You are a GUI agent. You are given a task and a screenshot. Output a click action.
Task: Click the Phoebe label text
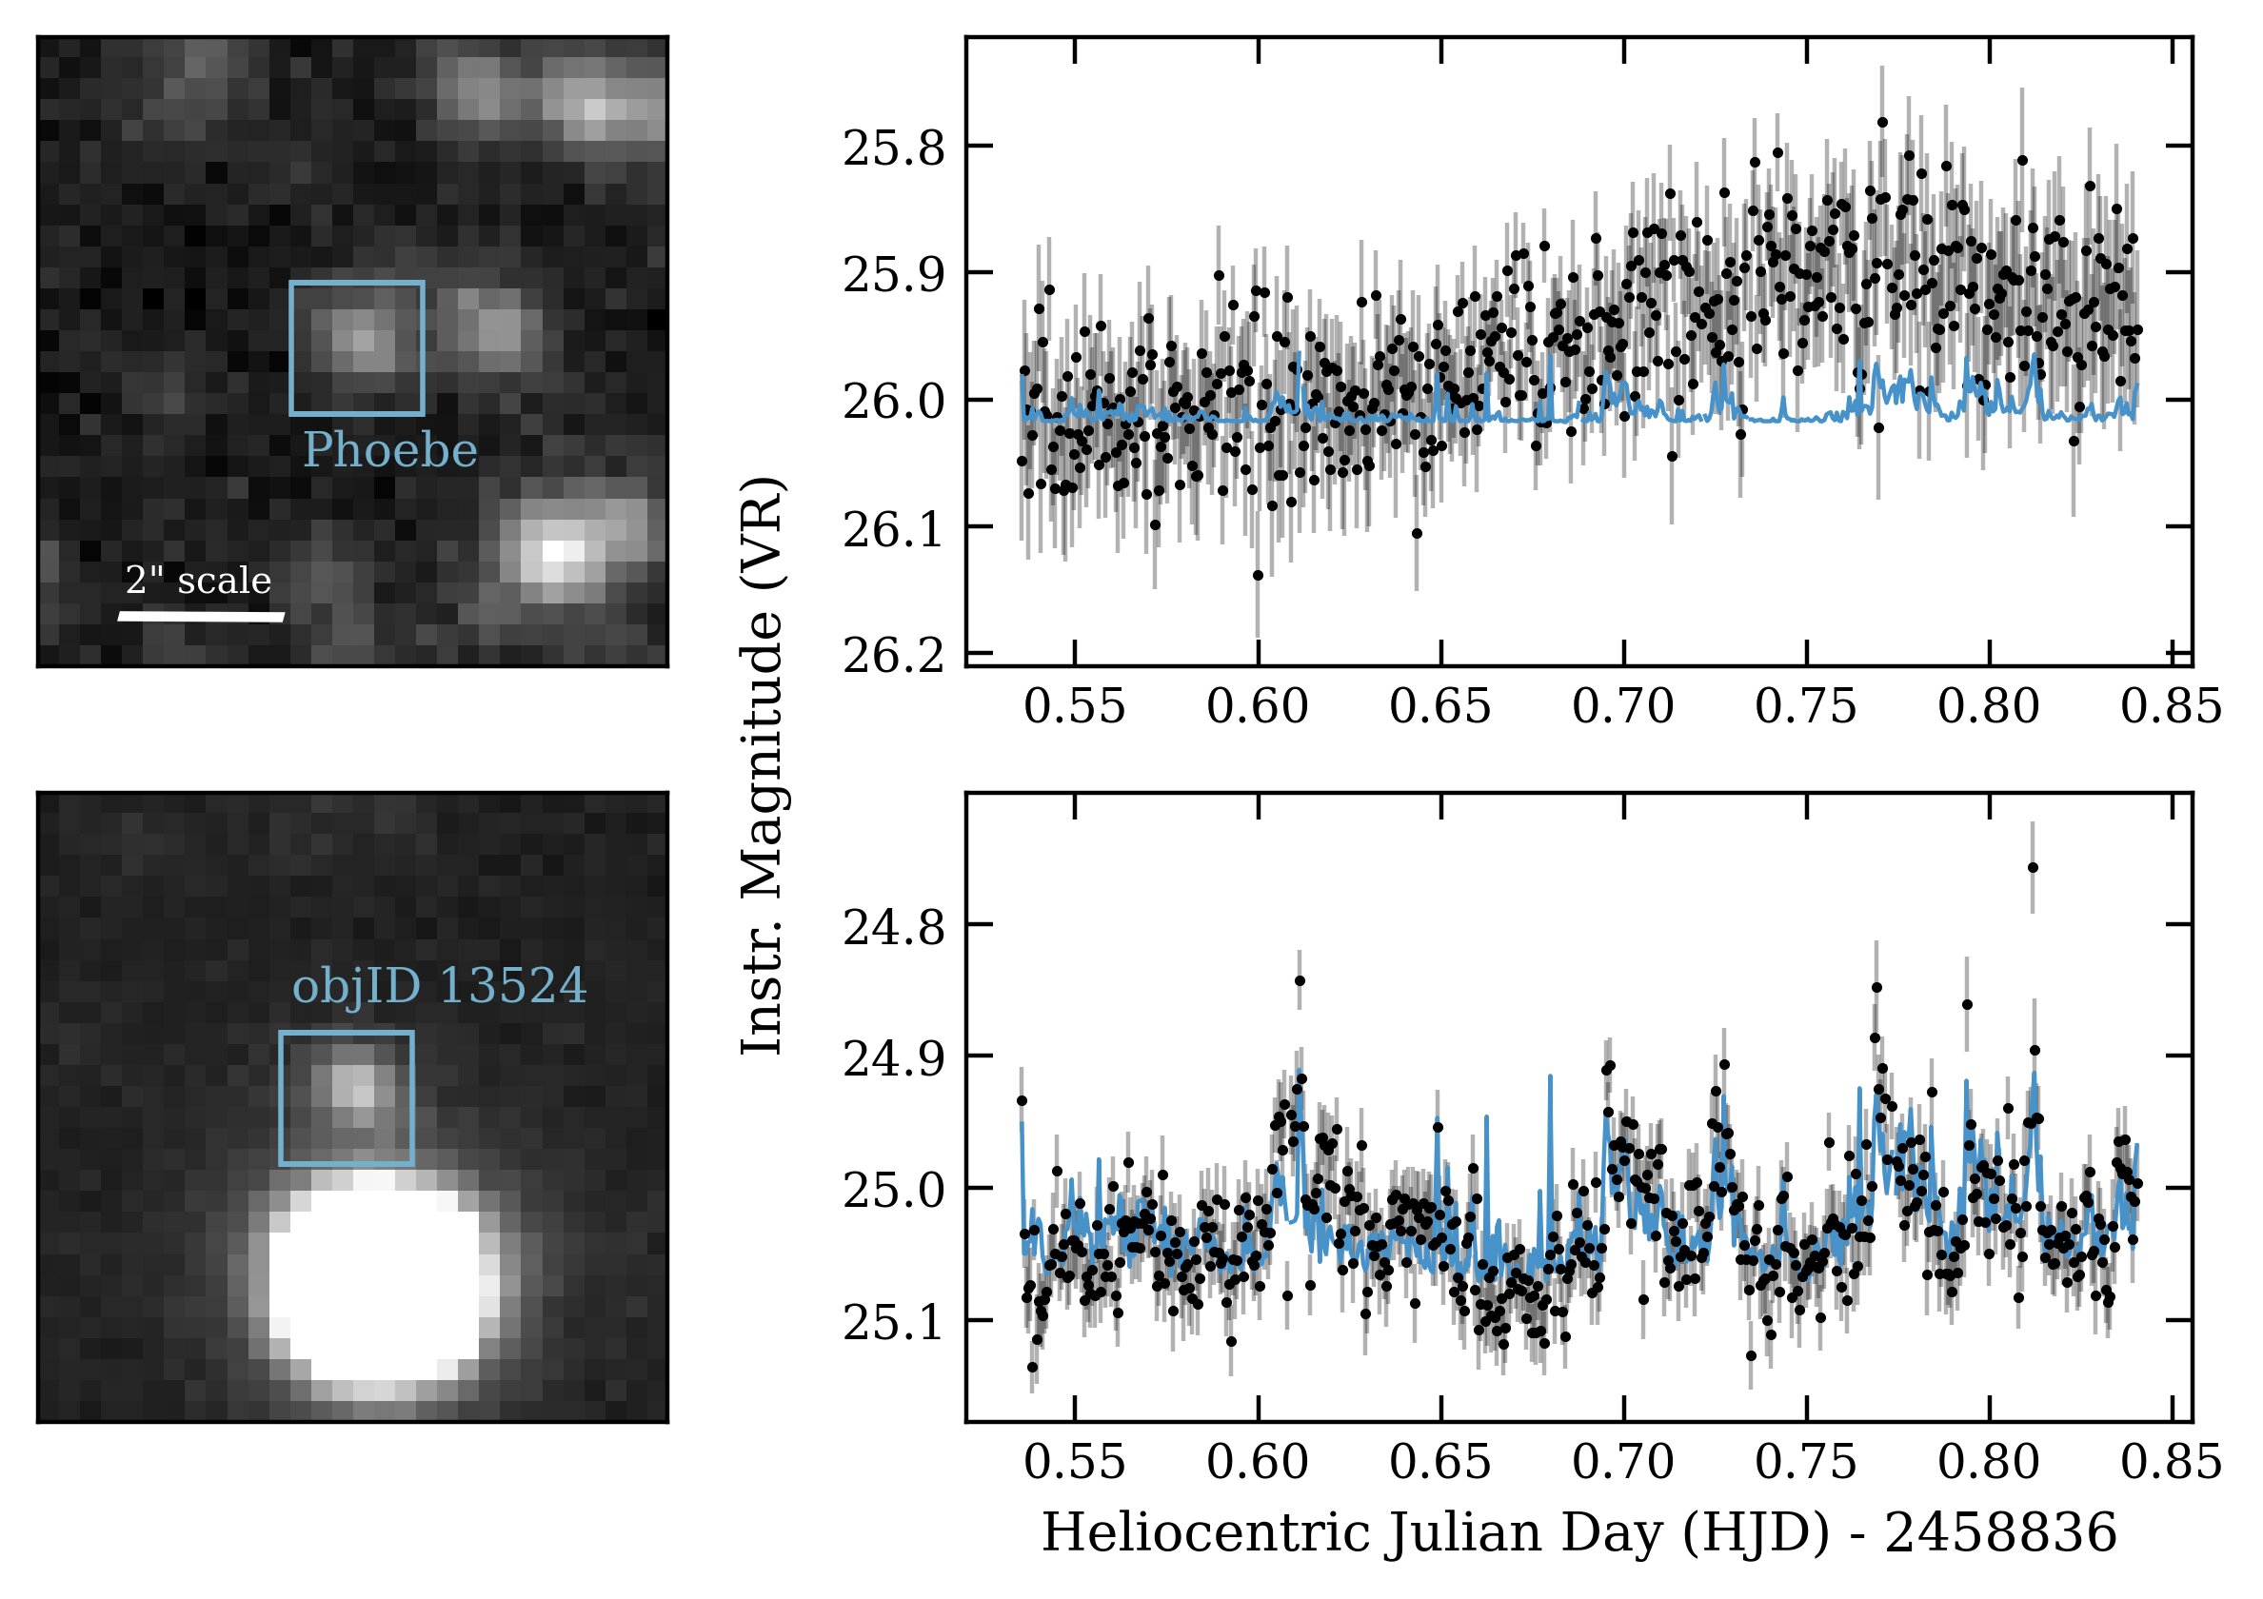click(389, 452)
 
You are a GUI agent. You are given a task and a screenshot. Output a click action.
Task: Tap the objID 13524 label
click(440, 986)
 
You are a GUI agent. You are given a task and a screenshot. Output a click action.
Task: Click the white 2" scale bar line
click(201, 617)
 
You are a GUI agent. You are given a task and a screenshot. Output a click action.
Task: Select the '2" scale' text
click(198, 581)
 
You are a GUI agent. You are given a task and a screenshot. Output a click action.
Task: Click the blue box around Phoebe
click(357, 283)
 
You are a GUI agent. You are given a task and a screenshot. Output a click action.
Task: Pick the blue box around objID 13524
click(346, 1033)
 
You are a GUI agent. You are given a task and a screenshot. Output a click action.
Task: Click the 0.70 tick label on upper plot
click(1623, 706)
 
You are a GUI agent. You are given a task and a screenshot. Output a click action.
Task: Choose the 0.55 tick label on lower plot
click(1074, 1462)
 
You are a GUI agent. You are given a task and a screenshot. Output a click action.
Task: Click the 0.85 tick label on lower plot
click(2173, 1462)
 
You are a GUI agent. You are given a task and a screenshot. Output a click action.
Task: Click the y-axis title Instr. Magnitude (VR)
click(763, 765)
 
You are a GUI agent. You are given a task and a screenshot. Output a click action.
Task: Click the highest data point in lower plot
click(2033, 867)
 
